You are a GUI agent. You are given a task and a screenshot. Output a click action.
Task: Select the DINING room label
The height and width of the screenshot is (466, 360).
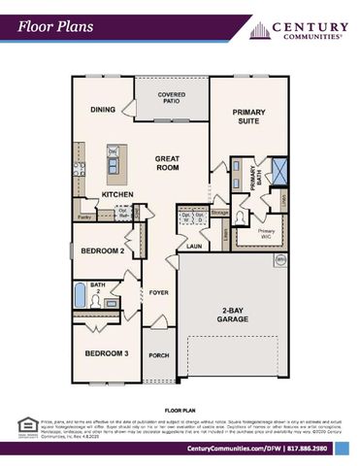(x=104, y=111)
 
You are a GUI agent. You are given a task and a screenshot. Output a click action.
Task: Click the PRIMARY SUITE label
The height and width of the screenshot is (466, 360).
(x=248, y=119)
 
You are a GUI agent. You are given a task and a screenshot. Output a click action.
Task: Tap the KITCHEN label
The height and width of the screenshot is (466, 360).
(x=118, y=195)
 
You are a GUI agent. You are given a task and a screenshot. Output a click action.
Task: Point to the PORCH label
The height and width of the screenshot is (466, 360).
(x=159, y=355)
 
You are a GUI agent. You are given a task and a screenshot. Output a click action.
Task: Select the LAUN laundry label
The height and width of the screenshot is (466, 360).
(x=194, y=247)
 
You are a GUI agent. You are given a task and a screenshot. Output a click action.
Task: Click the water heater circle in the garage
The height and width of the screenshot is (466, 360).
(x=279, y=260)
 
